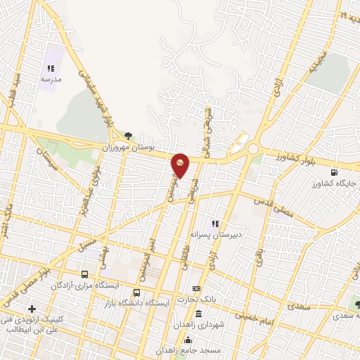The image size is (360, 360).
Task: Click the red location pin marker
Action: [181, 165]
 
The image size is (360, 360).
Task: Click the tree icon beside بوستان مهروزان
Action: [127, 136]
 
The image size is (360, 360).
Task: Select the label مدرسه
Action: [51, 81]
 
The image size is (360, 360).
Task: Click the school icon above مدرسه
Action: [51, 69]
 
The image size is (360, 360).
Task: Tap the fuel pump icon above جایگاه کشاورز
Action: [333, 172]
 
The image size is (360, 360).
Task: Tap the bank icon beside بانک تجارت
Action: [196, 289]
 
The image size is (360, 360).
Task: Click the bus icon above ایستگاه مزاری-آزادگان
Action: [85, 274]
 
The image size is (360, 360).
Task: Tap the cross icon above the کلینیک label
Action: [32, 309]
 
